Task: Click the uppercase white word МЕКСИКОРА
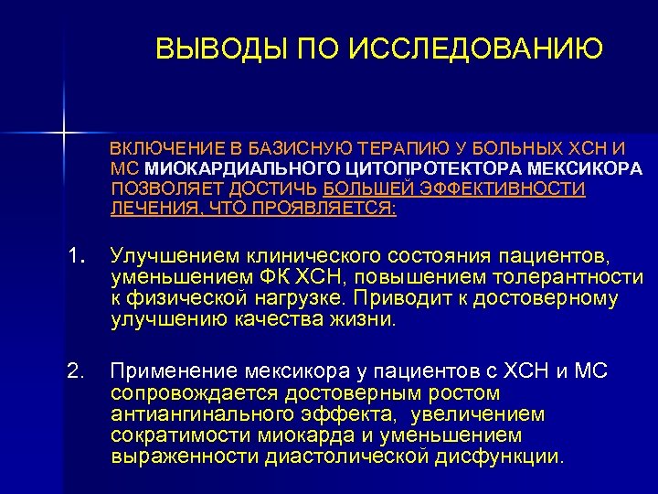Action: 585,168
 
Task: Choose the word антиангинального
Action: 196,413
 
